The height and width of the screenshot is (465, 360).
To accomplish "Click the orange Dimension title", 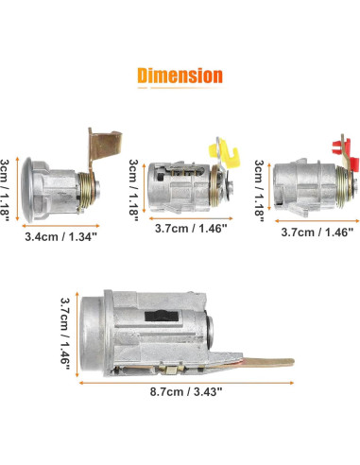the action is click(x=180, y=76).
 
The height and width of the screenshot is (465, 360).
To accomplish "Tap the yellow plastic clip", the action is click(x=224, y=153).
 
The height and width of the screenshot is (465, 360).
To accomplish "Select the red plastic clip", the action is click(x=342, y=146).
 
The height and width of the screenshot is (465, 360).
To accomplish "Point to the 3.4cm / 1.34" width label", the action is click(x=60, y=236).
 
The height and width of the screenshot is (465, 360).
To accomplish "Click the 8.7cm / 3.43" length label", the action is click(x=186, y=392).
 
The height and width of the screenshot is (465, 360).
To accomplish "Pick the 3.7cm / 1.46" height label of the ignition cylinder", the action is click(x=65, y=335).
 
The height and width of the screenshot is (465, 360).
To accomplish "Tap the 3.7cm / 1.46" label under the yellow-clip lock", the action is click(x=191, y=228).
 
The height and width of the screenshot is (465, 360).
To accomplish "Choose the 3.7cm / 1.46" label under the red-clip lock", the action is click(x=317, y=232).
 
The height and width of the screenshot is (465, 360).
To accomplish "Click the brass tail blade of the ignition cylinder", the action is click(x=267, y=363).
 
